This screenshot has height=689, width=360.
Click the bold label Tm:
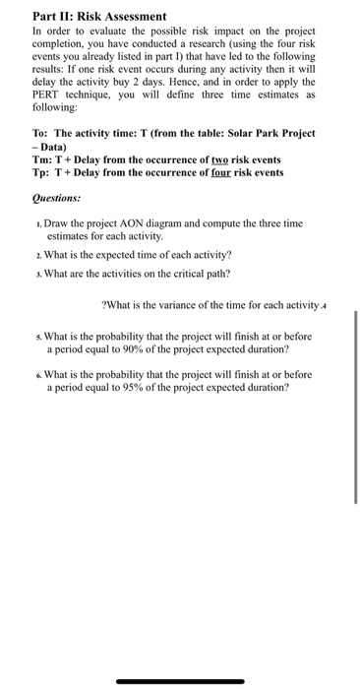[44, 159]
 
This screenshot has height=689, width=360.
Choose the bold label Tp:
[43, 173]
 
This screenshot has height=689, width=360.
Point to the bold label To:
[43, 132]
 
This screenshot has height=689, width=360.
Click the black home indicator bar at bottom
[180, 681]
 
